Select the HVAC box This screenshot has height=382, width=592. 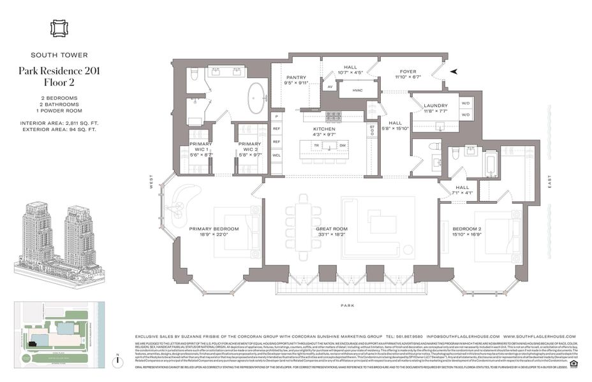point(353,90)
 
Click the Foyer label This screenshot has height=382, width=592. point(408,72)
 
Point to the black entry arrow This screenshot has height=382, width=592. point(453,72)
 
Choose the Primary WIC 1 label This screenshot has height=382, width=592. point(200,145)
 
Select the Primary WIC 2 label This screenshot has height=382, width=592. point(249,145)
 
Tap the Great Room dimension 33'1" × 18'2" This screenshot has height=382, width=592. point(331,235)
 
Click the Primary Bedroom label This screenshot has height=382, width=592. point(213,229)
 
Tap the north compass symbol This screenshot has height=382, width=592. point(118,360)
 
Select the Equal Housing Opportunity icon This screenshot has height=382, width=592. point(572,365)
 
